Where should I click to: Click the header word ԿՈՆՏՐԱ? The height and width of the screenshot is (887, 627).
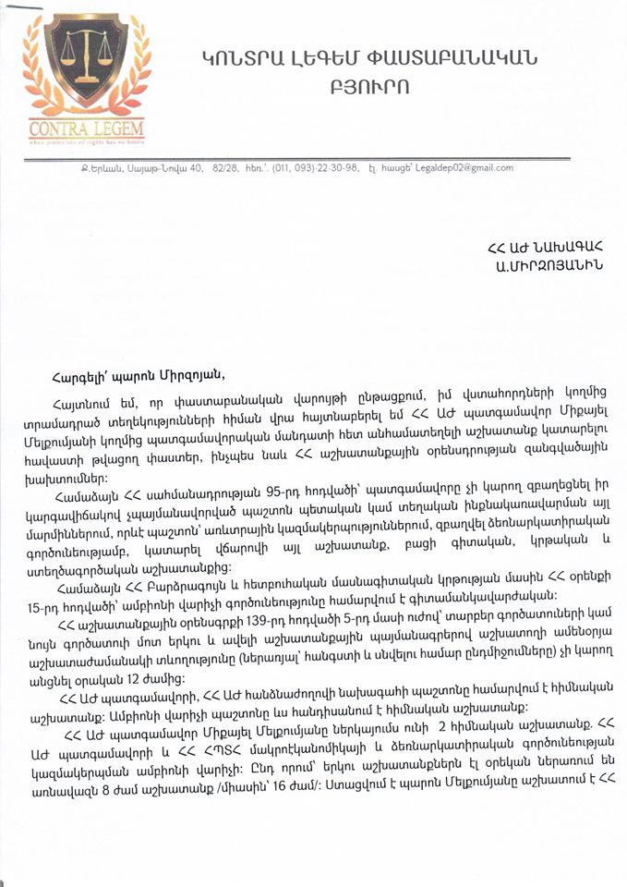pyautogui.click(x=237, y=59)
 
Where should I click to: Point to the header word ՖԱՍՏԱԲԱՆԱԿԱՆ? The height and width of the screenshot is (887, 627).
pyautogui.click(x=457, y=59)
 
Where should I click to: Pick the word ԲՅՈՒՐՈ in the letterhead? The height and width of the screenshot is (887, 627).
pyautogui.click(x=367, y=88)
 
